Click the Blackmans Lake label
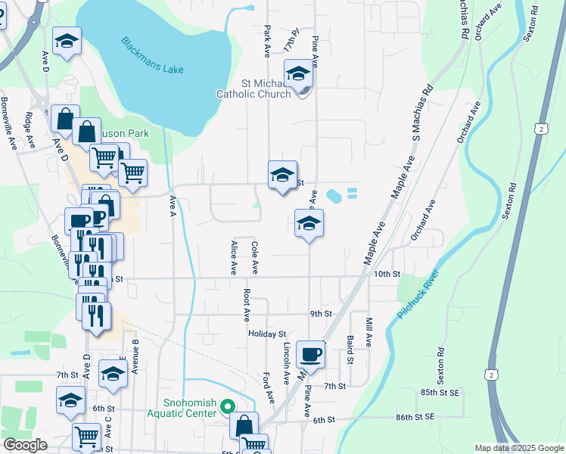[x=152, y=55]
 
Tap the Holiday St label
[x=266, y=334]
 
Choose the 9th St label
[x=321, y=313]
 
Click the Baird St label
[x=350, y=350]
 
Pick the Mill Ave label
[x=369, y=331]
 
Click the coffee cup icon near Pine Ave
[x=310, y=353]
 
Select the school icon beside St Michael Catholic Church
[x=299, y=74]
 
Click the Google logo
[x=25, y=445]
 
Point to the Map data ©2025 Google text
[x=518, y=448]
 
